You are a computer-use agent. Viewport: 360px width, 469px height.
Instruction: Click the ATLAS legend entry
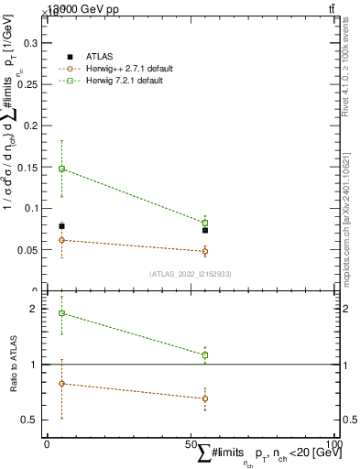pos(98,57)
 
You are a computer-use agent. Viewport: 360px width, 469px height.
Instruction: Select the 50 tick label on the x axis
pos(191,443)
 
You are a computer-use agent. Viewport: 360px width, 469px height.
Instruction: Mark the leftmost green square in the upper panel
pos(61,169)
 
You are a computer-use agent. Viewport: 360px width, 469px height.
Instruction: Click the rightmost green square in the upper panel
pos(205,223)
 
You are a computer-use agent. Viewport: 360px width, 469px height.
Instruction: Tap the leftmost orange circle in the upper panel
pos(61,240)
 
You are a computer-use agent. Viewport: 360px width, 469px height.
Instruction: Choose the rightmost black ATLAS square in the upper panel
pos(205,230)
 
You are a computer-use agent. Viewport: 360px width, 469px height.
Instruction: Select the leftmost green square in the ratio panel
pos(61,313)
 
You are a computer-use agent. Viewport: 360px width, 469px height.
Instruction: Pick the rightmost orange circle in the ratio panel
pos(205,398)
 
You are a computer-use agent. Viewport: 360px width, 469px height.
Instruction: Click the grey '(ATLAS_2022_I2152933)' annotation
pos(191,274)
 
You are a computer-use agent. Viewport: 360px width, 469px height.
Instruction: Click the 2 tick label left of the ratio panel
pos(36,310)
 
